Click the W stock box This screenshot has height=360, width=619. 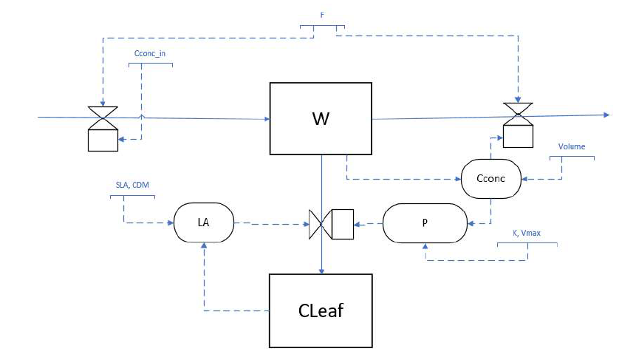pos(320,119)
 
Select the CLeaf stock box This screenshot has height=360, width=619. pos(320,310)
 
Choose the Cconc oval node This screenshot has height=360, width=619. pos(490,178)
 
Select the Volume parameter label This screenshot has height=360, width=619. pos(572,146)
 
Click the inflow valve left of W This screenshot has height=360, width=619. pos(103,117)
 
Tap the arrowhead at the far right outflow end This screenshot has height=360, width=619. pos(606,115)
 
